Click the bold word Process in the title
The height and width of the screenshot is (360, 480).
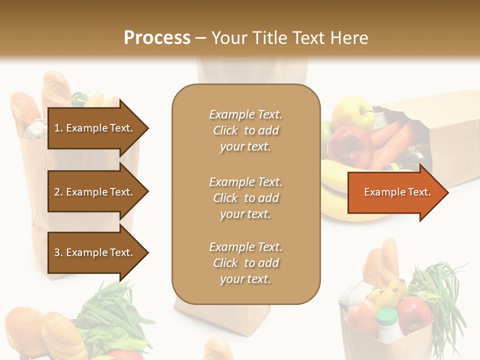pyautogui.click(x=157, y=38)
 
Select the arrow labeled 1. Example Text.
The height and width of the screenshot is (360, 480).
pyautogui.click(x=95, y=128)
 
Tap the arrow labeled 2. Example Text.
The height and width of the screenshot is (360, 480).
pyautogui.click(x=95, y=192)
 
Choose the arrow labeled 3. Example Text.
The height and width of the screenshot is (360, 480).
pyautogui.click(x=95, y=252)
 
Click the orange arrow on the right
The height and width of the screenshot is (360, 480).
pyautogui.click(x=397, y=192)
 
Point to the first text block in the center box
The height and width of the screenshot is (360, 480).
pyautogui.click(x=245, y=130)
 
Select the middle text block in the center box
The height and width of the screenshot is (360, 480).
pyautogui.click(x=245, y=198)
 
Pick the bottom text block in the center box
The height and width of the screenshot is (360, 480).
pyautogui.click(x=245, y=263)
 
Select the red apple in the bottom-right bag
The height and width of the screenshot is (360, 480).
pyautogui.click(x=413, y=315)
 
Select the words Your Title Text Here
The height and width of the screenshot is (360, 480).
pyautogui.click(x=289, y=38)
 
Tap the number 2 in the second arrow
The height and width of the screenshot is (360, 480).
pyautogui.click(x=56, y=192)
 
